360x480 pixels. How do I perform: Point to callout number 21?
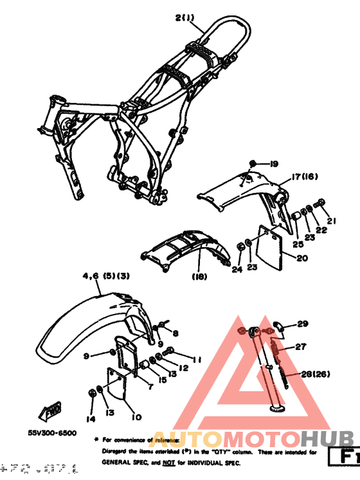(332, 221)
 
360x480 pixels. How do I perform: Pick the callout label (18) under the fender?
(200, 277)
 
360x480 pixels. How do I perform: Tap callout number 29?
(303, 324)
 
